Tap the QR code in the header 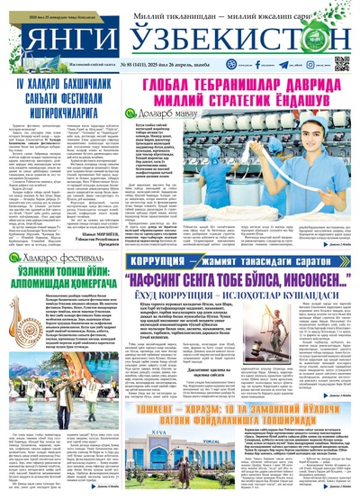[341, 63]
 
